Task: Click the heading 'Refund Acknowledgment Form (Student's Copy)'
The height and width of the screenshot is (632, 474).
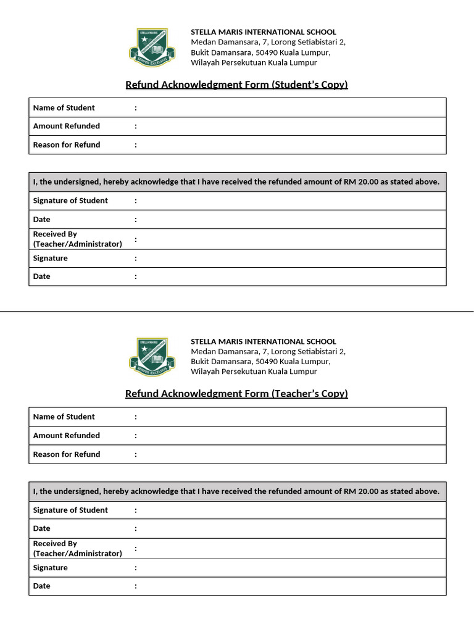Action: pos(236,85)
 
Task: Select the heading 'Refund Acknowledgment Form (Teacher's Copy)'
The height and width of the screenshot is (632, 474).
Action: pos(236,394)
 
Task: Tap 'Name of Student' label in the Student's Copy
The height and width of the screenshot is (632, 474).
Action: pos(64,108)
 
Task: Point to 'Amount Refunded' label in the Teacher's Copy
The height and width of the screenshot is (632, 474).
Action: pos(67,436)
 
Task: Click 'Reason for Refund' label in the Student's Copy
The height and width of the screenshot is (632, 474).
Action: pos(67,145)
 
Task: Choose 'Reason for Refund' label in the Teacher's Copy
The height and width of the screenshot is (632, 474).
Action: pos(67,454)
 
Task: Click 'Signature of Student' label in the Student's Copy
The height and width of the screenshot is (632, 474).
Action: pos(70,201)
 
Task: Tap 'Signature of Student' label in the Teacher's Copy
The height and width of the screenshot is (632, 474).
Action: pos(70,510)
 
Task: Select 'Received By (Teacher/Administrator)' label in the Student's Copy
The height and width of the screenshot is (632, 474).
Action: pos(77,239)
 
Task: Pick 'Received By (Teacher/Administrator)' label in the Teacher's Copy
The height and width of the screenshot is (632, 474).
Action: pos(77,549)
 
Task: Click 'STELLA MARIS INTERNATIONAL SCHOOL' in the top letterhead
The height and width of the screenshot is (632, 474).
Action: pos(264,32)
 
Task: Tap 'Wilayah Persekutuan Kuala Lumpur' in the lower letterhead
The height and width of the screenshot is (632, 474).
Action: pos(254,372)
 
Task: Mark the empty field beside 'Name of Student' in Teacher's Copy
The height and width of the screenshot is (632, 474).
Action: pos(290,417)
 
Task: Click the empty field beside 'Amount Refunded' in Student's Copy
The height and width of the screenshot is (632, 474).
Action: pos(290,127)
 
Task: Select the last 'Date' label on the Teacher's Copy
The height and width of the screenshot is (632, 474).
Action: pos(42,586)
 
